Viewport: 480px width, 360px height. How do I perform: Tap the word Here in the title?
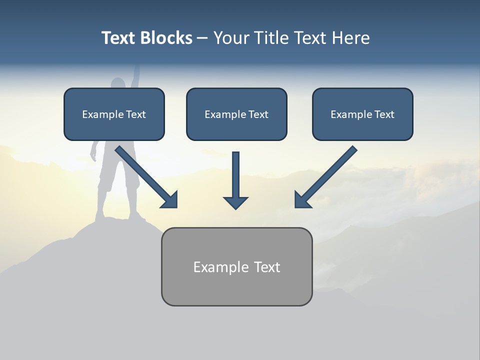[x=349, y=38]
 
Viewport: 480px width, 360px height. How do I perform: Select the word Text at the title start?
[x=118, y=38]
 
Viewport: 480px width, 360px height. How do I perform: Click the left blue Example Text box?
[x=114, y=114]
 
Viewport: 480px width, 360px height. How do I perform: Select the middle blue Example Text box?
[x=236, y=114]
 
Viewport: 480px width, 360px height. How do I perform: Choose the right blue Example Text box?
[x=362, y=114]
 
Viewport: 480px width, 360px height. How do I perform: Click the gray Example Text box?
[x=236, y=267]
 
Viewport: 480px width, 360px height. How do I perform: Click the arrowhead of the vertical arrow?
[x=235, y=202]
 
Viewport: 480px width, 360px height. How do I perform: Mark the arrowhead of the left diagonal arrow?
[x=170, y=200]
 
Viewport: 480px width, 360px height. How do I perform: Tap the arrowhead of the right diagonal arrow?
[x=302, y=200]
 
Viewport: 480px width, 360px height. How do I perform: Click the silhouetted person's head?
[x=118, y=85]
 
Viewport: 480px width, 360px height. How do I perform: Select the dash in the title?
[x=202, y=38]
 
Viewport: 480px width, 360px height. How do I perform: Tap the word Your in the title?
[x=231, y=38]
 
